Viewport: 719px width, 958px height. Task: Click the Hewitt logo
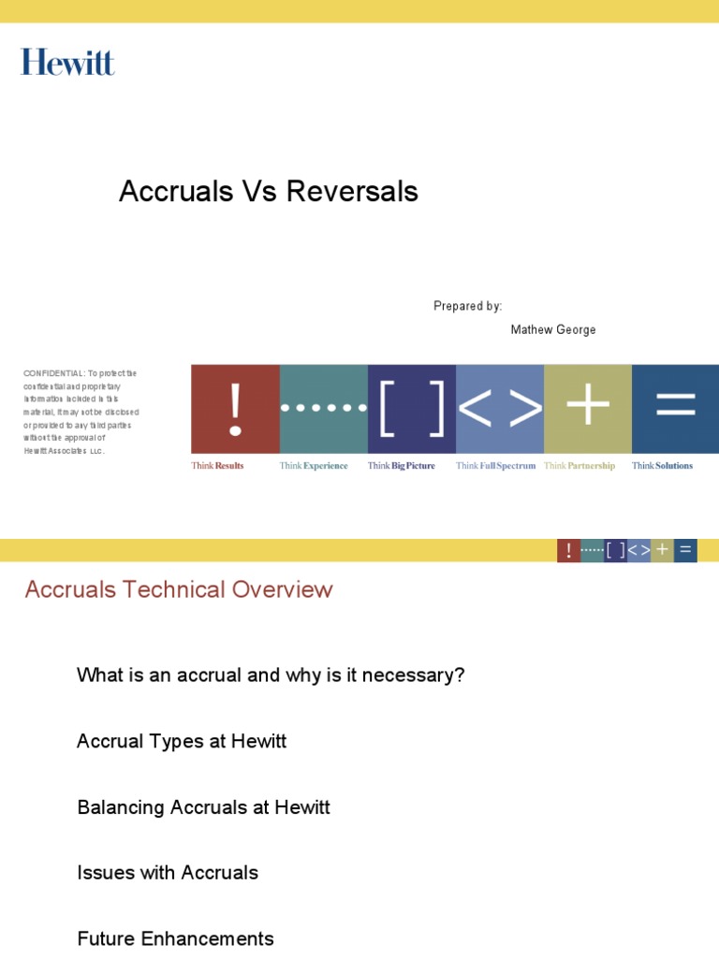(x=67, y=63)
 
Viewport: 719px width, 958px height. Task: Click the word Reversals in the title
(x=352, y=192)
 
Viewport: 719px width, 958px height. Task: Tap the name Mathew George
(x=552, y=330)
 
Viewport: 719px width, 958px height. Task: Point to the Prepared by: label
(x=467, y=306)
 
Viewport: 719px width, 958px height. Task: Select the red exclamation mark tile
(x=235, y=409)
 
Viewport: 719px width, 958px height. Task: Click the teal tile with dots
(x=324, y=409)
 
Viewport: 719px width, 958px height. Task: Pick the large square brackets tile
(x=412, y=409)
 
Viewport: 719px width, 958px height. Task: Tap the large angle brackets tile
(x=500, y=409)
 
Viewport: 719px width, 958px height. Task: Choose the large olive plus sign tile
(x=588, y=409)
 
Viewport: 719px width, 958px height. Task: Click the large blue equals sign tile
(x=675, y=409)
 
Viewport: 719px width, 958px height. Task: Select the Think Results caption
(x=217, y=466)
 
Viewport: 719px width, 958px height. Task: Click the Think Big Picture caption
(x=401, y=466)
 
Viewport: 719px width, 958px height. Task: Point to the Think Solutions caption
(x=662, y=466)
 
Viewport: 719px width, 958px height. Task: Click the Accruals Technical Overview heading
(x=178, y=589)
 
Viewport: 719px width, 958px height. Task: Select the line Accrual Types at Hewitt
(x=182, y=741)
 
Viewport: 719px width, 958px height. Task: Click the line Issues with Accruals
(x=168, y=873)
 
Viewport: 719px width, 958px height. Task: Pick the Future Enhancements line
(x=175, y=938)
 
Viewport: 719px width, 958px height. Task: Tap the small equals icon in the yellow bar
(x=685, y=550)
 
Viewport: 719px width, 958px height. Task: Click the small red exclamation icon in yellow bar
(x=568, y=550)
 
